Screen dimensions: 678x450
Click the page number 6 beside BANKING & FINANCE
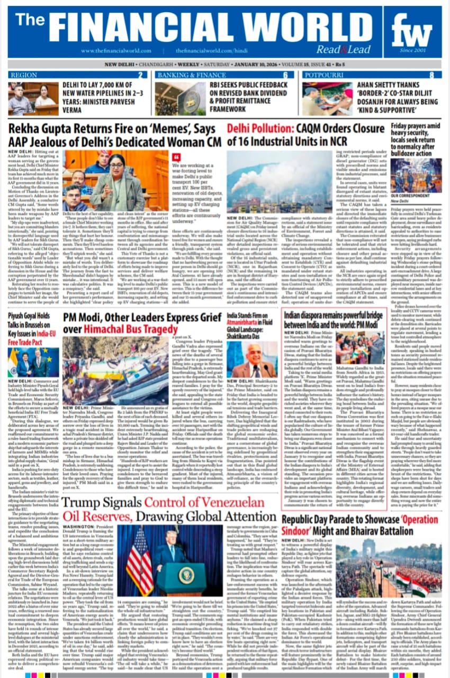point(285,75)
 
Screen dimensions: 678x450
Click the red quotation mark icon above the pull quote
point(176,157)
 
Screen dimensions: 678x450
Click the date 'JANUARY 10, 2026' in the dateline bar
point(250,65)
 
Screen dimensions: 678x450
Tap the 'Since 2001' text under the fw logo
point(413,51)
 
